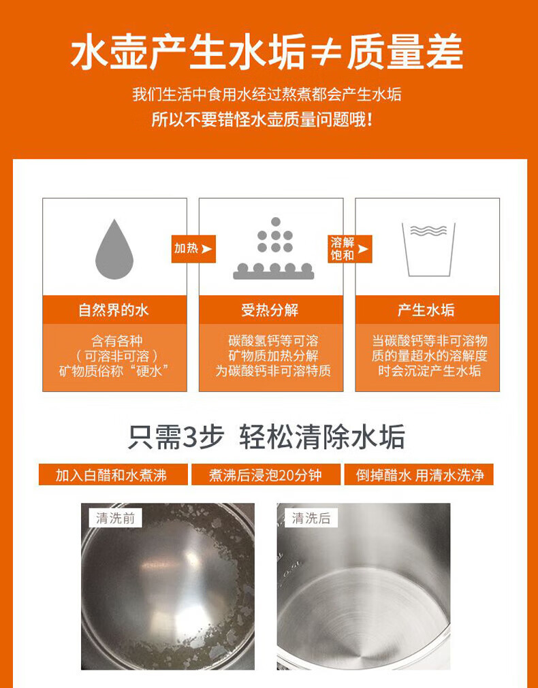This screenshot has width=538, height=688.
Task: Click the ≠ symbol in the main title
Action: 326,53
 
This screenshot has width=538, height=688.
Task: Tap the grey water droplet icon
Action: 114,249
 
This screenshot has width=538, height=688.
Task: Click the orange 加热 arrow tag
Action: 193,249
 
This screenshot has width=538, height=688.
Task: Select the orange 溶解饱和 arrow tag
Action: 349,249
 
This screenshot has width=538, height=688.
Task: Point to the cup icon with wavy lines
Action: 428,250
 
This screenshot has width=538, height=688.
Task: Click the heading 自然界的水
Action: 114,310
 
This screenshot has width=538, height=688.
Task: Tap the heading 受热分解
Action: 270,310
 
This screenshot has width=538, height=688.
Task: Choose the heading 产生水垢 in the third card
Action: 426,310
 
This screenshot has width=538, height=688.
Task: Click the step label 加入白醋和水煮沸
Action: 113,475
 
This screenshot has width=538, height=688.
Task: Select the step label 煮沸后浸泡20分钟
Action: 266,475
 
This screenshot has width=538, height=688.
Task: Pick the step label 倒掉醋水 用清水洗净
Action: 419,475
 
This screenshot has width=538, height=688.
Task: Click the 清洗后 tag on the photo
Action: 311,518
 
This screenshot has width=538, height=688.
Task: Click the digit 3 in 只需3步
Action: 188,438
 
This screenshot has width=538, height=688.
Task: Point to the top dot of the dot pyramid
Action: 275,222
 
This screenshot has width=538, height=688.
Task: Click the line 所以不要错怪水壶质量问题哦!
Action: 263,119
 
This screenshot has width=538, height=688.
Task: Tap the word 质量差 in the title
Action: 405,52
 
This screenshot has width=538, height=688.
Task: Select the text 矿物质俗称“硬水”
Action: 114,371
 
